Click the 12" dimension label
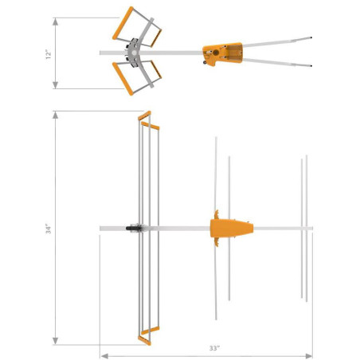pos(48,53)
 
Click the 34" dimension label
pos(48,229)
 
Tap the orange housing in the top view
pos(221,53)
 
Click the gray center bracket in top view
pos(142,53)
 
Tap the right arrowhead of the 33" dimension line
pos(310,356)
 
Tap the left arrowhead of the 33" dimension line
pos(102,356)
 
